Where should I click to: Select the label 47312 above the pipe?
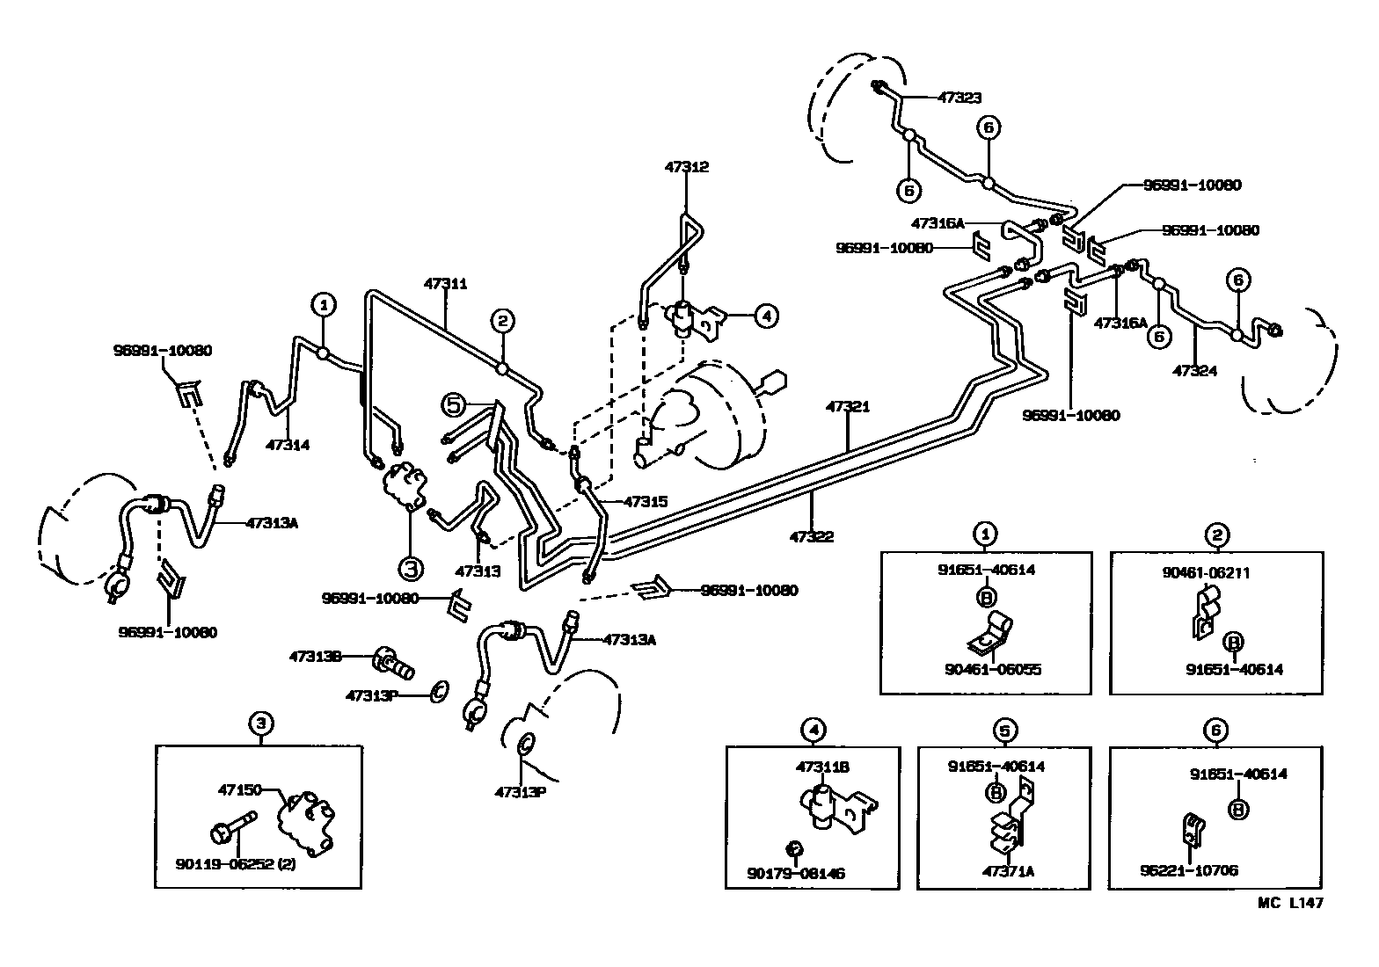[687, 167]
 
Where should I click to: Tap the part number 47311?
[445, 284]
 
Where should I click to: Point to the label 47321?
[848, 407]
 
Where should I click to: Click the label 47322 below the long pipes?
[811, 536]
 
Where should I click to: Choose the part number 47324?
[1195, 370]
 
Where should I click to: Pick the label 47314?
[288, 446]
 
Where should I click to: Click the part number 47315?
[646, 502]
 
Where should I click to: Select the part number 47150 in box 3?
[239, 790]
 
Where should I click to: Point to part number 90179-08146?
[796, 875]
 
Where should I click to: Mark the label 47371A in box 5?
[1002, 871]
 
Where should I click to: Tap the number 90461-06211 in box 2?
[1206, 573]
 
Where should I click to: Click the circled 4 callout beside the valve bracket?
[765, 315]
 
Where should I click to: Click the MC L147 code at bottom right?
[1290, 902]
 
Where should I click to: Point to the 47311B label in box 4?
[821, 767]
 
